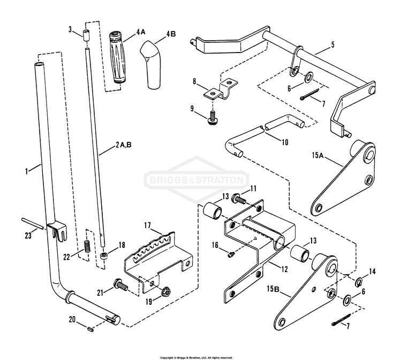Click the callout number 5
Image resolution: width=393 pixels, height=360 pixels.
tap(332, 44)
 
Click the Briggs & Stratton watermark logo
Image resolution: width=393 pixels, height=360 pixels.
tap(196, 179)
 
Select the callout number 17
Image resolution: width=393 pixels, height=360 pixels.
tap(148, 226)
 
